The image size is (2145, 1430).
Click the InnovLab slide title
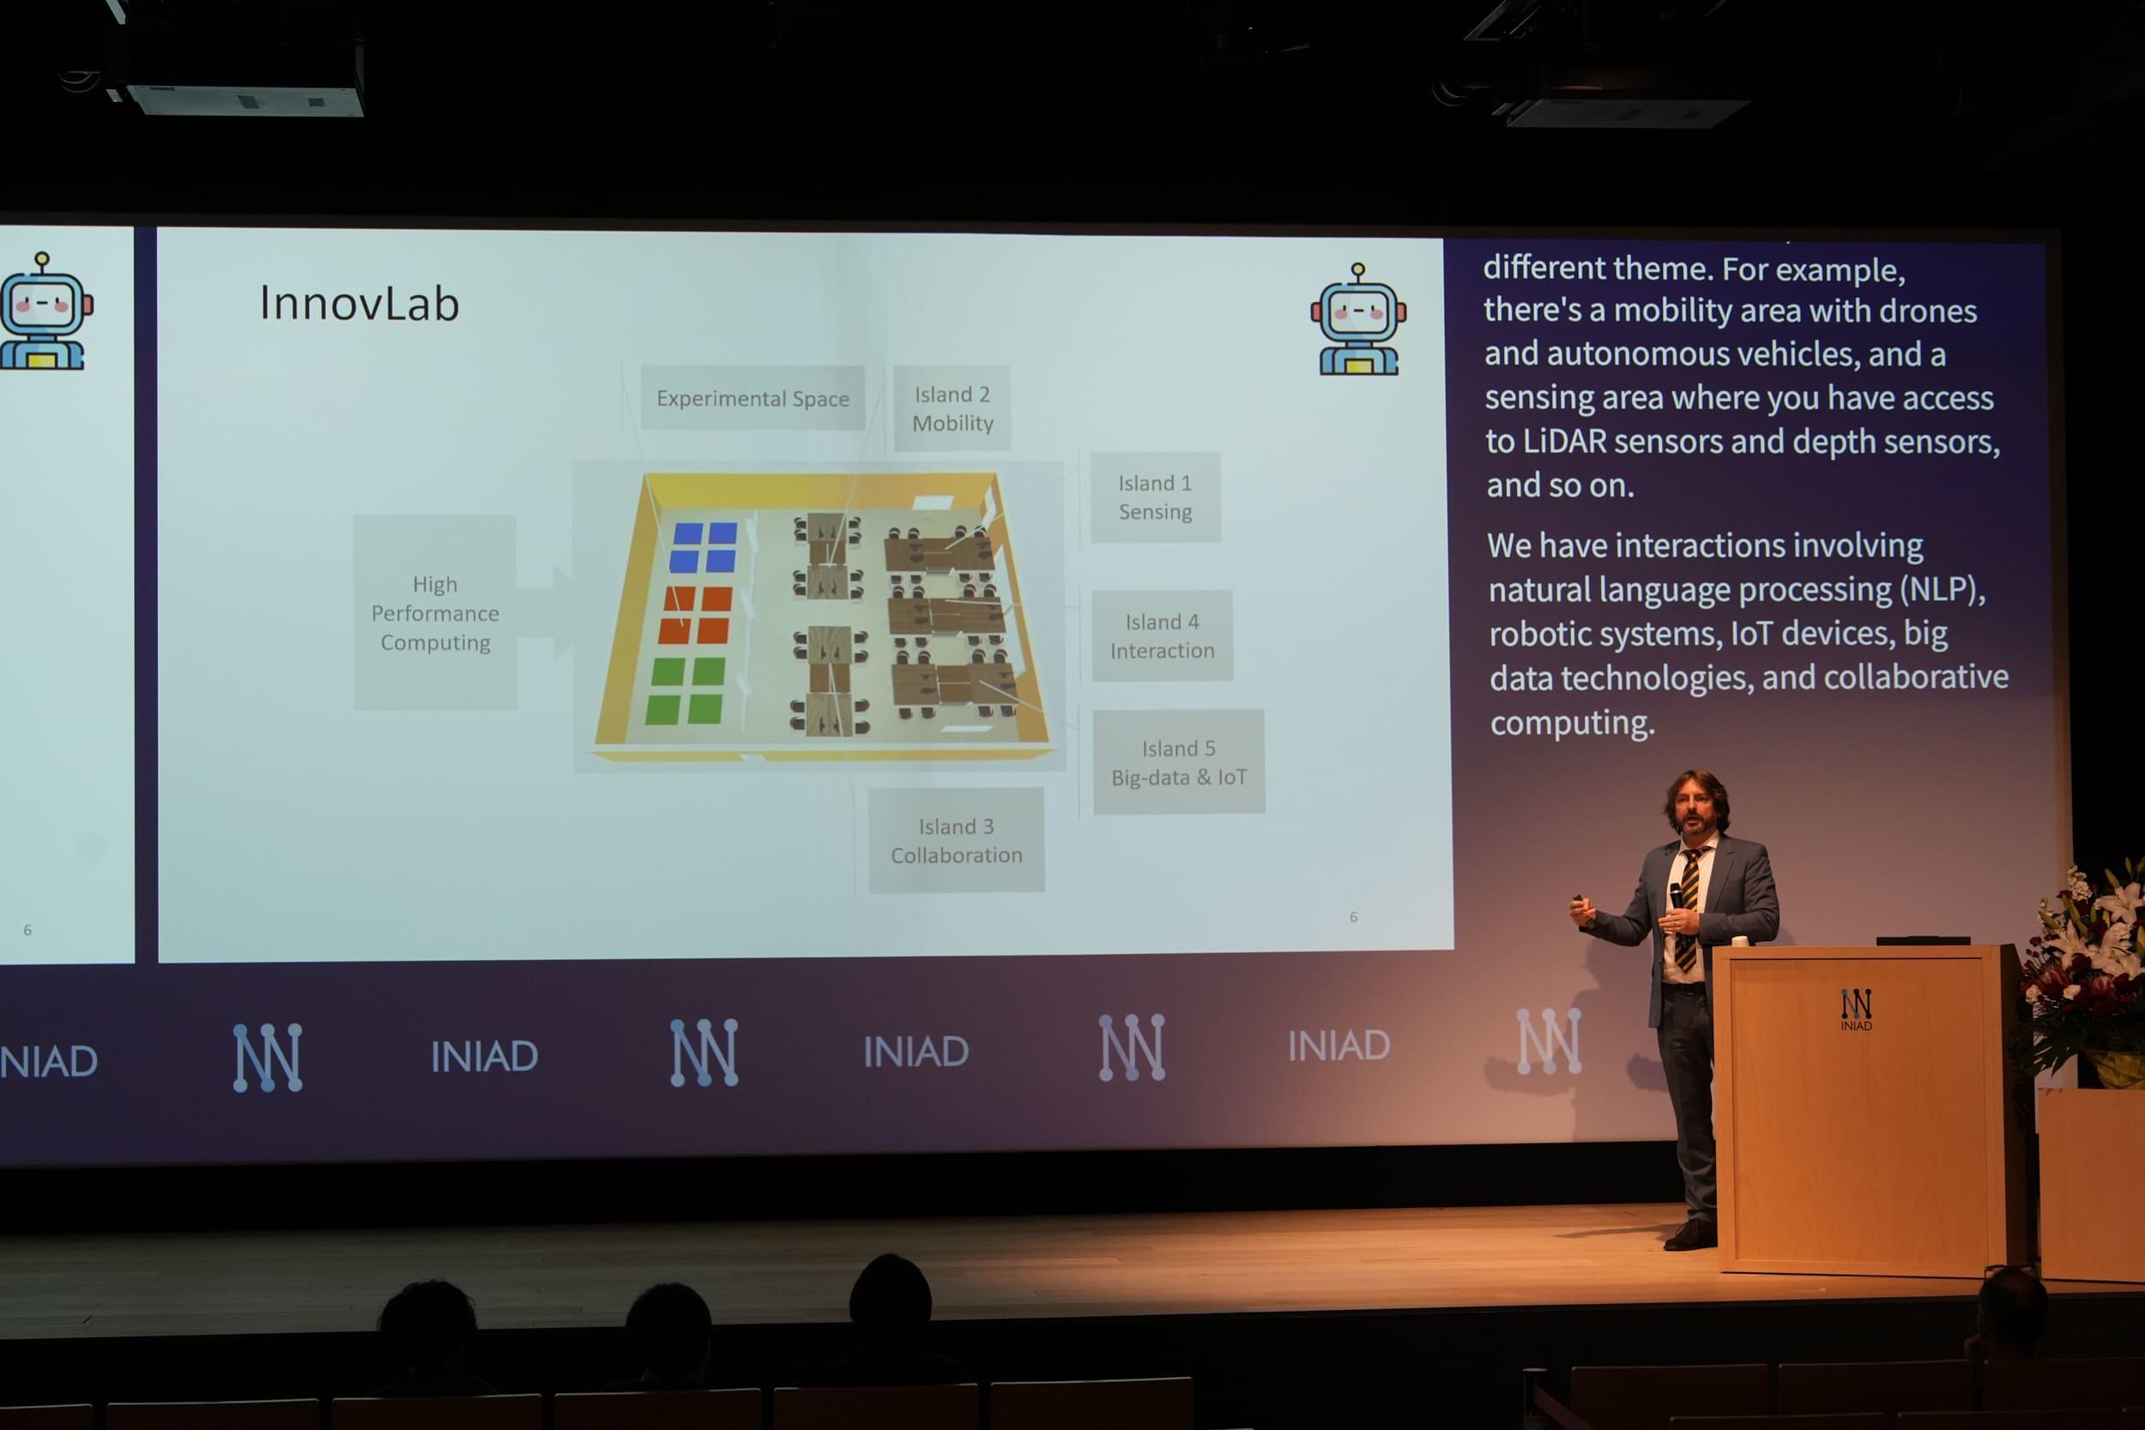360,303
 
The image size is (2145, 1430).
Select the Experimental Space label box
752,398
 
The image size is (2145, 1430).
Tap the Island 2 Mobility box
952,408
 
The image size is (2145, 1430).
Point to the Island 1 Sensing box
1155,497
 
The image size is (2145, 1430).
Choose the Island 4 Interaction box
1162,636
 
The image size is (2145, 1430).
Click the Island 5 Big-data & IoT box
1178,763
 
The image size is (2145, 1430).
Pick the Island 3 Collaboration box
956,840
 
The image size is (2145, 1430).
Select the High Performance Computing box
435,612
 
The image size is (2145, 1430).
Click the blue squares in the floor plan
704,546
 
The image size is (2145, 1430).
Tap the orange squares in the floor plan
697,613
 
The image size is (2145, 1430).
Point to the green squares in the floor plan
686,691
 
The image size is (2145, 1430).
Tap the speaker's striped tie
1688,908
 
